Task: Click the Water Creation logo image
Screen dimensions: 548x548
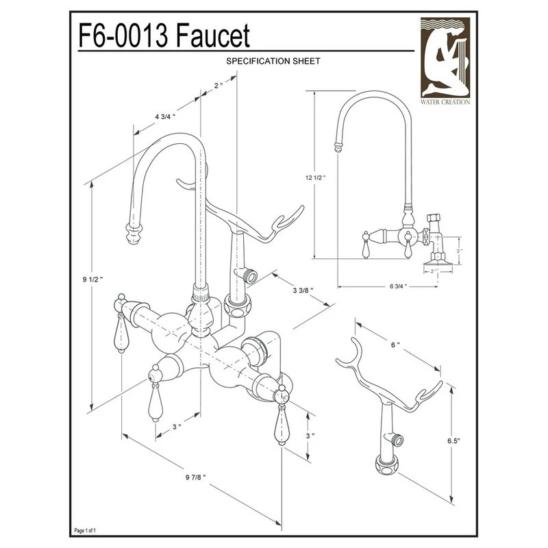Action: (x=445, y=58)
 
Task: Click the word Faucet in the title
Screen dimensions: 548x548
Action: (x=213, y=36)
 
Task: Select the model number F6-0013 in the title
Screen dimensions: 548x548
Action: (x=123, y=36)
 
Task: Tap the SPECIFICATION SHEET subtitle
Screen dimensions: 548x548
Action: (x=273, y=61)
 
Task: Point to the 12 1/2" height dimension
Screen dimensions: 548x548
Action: (x=315, y=177)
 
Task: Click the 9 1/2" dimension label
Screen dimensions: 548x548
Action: (x=92, y=279)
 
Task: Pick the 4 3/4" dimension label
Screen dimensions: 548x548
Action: (x=165, y=116)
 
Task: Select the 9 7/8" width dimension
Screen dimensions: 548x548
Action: (x=196, y=477)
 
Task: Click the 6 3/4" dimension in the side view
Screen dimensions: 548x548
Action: (x=399, y=286)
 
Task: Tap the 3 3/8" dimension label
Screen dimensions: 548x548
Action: (x=303, y=290)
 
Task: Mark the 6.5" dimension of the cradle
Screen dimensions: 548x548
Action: (x=453, y=440)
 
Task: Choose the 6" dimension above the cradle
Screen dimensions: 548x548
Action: (x=395, y=345)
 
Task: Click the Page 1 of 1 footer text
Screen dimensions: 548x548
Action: (x=85, y=530)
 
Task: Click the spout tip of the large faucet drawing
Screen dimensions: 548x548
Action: (x=134, y=234)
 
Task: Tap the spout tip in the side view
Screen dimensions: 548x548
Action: (x=338, y=147)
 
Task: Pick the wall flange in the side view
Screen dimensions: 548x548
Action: (x=438, y=262)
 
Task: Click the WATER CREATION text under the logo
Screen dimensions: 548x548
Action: (x=445, y=102)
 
